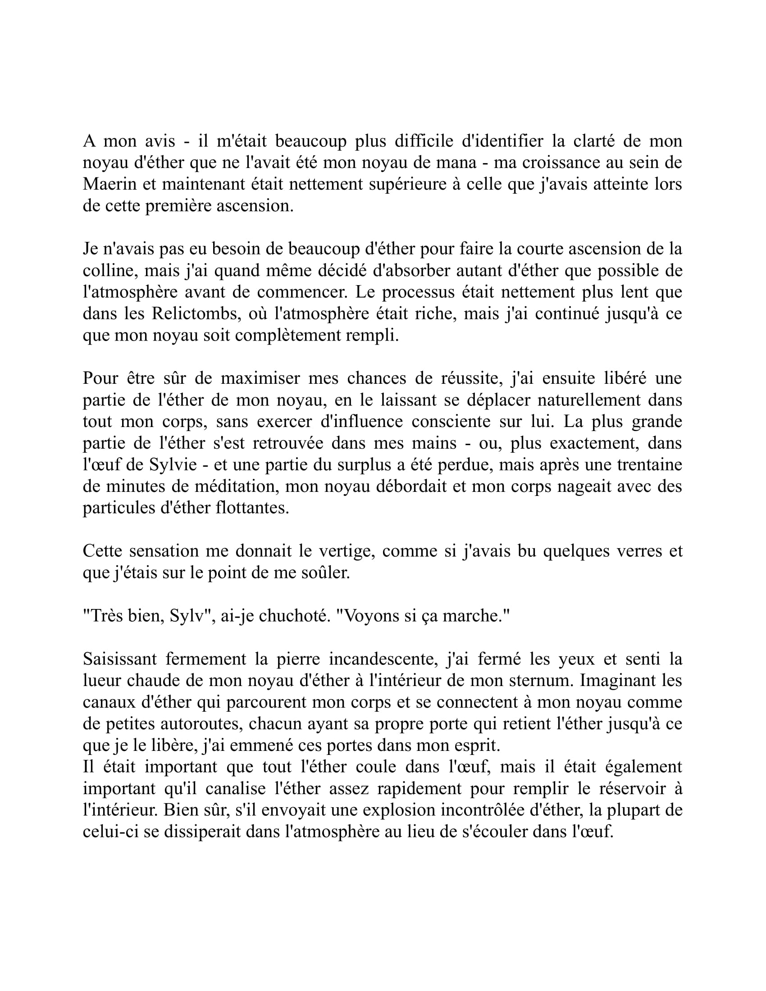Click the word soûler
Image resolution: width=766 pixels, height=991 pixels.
(x=326, y=573)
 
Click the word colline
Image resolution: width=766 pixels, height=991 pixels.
(x=109, y=271)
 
